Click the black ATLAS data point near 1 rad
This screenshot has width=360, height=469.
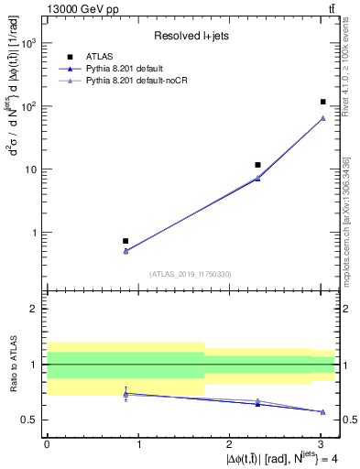125,241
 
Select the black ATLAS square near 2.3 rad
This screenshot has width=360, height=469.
258,165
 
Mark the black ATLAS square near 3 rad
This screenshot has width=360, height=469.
322,102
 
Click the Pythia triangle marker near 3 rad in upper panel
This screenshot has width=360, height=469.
322,118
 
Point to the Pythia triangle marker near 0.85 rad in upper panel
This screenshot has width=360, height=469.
125,250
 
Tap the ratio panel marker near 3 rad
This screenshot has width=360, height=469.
322,411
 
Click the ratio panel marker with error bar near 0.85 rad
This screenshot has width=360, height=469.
125,394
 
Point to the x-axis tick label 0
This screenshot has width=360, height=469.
47,444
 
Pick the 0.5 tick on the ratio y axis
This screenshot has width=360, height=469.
32,420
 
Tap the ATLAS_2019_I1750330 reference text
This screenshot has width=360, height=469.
191,274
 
